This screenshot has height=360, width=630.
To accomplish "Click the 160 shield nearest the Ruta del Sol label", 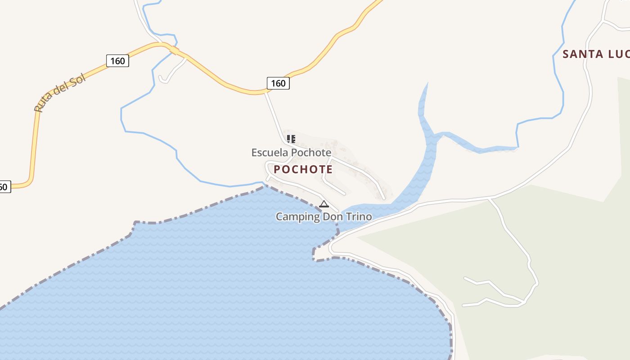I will (x=117, y=61).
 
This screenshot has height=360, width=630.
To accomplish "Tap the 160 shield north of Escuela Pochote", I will (x=278, y=83).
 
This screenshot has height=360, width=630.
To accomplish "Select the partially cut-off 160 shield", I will (x=4, y=186).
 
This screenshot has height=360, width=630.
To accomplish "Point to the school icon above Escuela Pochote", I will (x=291, y=139).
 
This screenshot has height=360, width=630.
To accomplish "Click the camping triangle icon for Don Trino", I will (x=324, y=204).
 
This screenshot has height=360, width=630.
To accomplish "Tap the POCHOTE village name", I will (x=303, y=170).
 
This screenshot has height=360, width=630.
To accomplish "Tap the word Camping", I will (x=297, y=216).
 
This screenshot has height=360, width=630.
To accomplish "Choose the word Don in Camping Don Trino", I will (x=333, y=216).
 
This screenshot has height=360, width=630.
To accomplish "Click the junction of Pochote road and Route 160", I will (x=265, y=92).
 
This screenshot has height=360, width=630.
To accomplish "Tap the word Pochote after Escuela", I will (x=311, y=153).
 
